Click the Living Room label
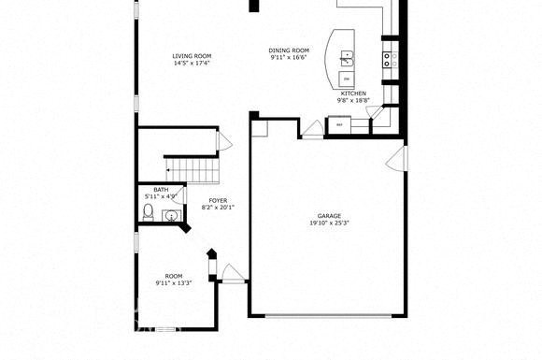(x=191, y=56)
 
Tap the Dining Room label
(x=289, y=50)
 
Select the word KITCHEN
(x=353, y=94)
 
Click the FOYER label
(x=217, y=200)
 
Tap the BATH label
(x=161, y=190)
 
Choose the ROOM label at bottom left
(x=173, y=276)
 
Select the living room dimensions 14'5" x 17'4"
(x=191, y=64)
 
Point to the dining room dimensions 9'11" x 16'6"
(x=289, y=58)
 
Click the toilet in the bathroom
(x=148, y=214)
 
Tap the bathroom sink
(x=170, y=217)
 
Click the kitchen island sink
(x=348, y=59)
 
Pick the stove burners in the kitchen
(x=390, y=58)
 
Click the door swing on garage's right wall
(x=398, y=156)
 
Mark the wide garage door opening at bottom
(x=327, y=313)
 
